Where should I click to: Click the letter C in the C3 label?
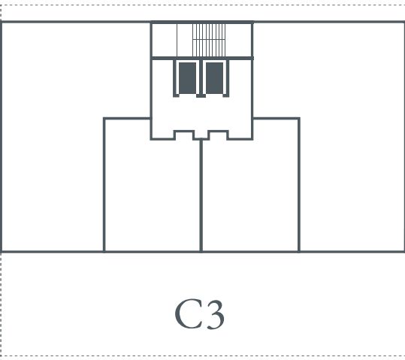[x=188, y=313]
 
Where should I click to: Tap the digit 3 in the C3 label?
[x=215, y=314]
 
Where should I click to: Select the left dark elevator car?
[x=188, y=78]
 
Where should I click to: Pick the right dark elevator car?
[x=214, y=78]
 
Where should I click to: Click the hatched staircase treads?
[x=209, y=40]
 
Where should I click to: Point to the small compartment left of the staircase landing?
[x=165, y=40]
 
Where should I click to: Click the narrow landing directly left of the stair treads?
[x=185, y=40]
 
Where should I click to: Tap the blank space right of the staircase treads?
[x=238, y=40]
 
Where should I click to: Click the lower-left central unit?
[x=152, y=196]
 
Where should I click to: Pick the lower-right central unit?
[x=251, y=196]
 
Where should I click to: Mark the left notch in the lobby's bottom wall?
[x=184, y=135]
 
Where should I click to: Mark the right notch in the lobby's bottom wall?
[x=219, y=135]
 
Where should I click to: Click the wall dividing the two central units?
[x=201, y=195]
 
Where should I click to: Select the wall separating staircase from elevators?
[x=201, y=58]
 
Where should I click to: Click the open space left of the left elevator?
[x=163, y=77]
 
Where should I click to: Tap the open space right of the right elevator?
[x=240, y=77]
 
